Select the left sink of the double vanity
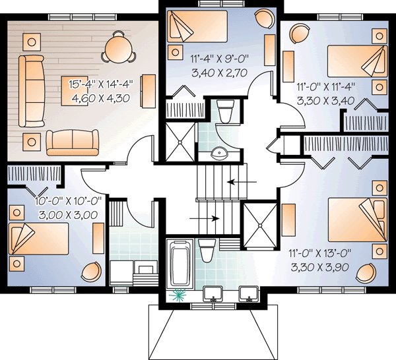point(213,293)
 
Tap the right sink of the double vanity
point(248,293)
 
